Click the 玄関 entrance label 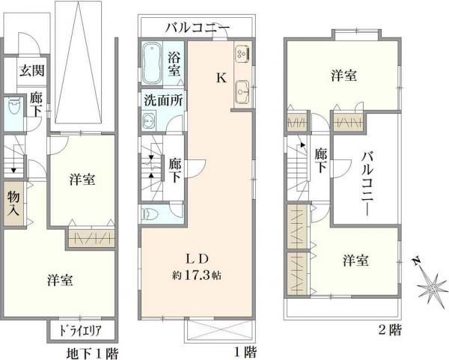point(31,71)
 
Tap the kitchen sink point(242,92)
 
